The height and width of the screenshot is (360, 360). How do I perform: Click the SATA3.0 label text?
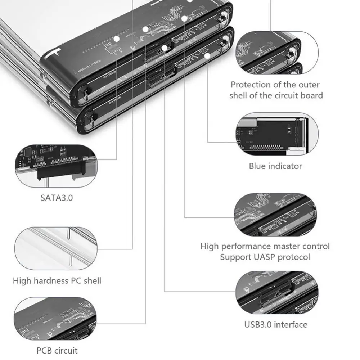coord(57,197)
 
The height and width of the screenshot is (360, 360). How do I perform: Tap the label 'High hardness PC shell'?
coord(57,280)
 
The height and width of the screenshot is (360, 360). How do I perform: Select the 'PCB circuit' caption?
coord(57,350)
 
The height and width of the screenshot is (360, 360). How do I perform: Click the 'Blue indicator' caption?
coord(275,166)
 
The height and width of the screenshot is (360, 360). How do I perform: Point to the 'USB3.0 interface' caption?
coord(276,324)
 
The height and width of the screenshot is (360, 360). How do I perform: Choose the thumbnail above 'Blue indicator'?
coord(277,134)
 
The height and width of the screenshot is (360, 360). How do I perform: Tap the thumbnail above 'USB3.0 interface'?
coord(277,292)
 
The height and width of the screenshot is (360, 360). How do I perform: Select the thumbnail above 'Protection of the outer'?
coord(277,53)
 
